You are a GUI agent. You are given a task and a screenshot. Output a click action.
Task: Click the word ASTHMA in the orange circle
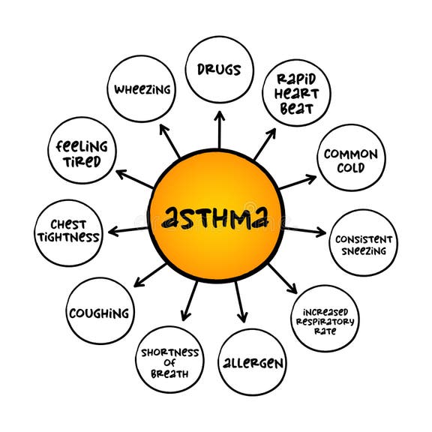coord(216,217)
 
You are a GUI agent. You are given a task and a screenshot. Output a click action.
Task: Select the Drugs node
coord(219,70)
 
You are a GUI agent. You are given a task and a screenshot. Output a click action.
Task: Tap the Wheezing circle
coord(142,89)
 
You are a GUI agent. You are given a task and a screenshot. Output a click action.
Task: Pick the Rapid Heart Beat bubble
coord(295,92)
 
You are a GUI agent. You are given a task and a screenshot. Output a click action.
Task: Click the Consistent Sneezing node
coord(364,243)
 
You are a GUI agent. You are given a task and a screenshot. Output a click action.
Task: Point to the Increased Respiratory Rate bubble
coord(325,318)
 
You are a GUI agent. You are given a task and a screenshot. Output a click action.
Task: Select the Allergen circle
coord(253,363)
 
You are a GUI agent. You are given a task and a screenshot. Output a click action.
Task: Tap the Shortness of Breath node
coord(169,363)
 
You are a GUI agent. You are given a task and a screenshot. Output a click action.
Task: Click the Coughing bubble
coord(99,312)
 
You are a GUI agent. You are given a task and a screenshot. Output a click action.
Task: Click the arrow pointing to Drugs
coord(219,130)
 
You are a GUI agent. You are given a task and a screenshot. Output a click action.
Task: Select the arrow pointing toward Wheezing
coord(169,139)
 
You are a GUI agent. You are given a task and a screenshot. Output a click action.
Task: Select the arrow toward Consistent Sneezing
coord(304,230)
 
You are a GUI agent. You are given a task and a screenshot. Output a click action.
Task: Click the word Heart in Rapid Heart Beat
coord(296,92)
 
